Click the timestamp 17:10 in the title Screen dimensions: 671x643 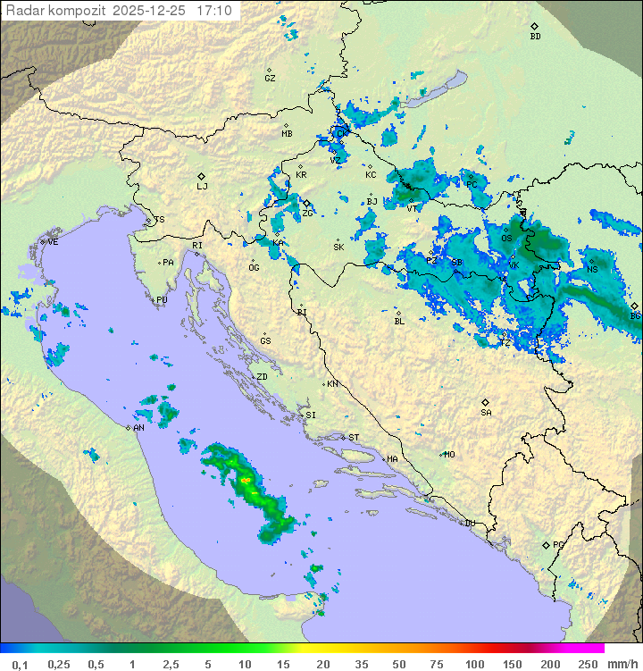(214, 11)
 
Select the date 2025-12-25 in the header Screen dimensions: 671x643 (151, 11)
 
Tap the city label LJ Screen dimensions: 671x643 (202, 187)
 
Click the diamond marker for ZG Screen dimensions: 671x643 (306, 204)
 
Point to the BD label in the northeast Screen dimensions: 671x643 (535, 37)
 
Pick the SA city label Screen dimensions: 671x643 (486, 413)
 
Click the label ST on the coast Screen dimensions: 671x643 (354, 438)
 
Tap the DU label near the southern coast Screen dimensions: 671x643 (469, 524)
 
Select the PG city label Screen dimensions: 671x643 (558, 545)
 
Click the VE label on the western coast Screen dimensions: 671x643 (53, 242)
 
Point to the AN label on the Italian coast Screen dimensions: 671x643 (138, 428)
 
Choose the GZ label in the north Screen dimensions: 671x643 (270, 79)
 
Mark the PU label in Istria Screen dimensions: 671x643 (162, 300)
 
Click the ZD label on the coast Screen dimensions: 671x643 (263, 377)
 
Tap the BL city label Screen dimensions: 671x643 (399, 321)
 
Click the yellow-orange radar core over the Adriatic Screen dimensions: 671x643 (246, 481)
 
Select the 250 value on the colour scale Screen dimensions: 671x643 (588, 664)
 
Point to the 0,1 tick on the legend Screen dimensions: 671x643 (20, 664)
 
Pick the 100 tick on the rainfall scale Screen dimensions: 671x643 (474, 664)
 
